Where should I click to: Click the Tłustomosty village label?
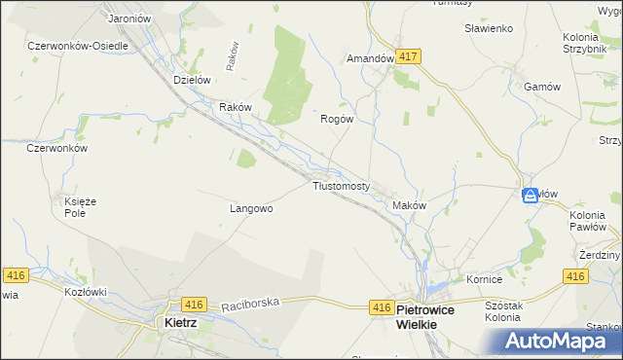pyautogui.click(x=341, y=186)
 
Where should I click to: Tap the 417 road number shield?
pyautogui.click(x=408, y=57)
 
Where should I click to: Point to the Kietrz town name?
pyautogui.click(x=182, y=321)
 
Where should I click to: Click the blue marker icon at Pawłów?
pyautogui.click(x=531, y=195)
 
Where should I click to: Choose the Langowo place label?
pyautogui.click(x=251, y=208)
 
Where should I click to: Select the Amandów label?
pyautogui.click(x=370, y=58)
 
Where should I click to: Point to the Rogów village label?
pyautogui.click(x=336, y=119)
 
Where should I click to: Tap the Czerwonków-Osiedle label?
pyautogui.click(x=78, y=46)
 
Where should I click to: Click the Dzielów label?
pyautogui.click(x=192, y=81)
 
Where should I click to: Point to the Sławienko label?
pyautogui.click(x=489, y=29)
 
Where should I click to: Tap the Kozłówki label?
pyautogui.click(x=85, y=291)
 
